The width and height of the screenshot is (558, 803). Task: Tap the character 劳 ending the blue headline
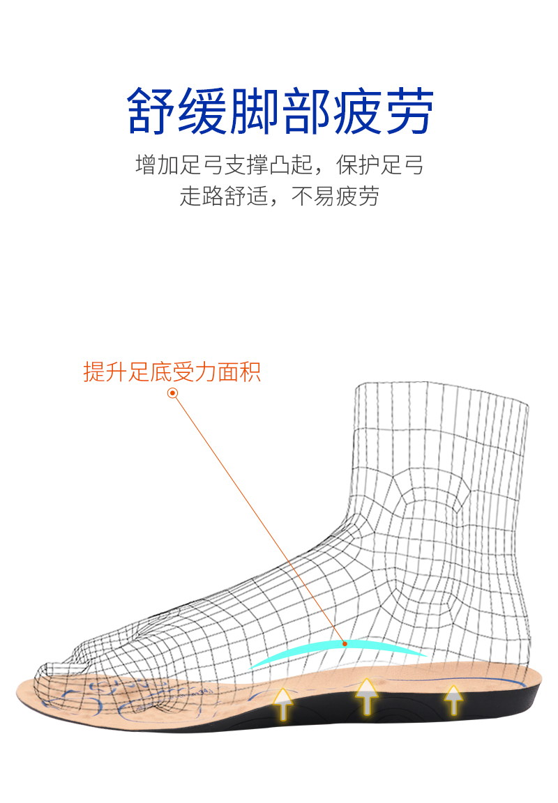click(409, 111)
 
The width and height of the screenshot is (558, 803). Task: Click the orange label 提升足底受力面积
click(172, 372)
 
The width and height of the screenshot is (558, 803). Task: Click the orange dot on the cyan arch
click(344, 643)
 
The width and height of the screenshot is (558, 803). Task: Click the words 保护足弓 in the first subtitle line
click(380, 166)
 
